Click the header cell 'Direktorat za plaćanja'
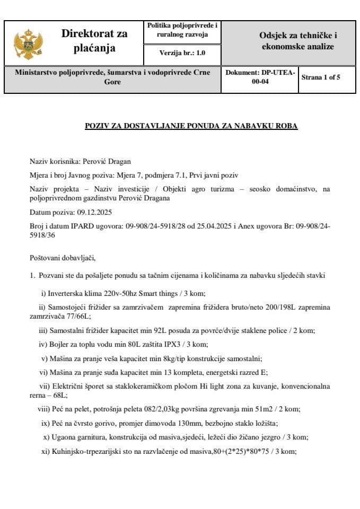tap(94, 41)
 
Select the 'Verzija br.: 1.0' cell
tap(182, 53)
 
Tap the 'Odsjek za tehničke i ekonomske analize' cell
tap(298, 41)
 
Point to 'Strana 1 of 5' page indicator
tap(321, 77)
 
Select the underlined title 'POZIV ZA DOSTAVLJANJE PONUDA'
tap(191, 126)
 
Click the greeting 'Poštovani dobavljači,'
tap(63, 258)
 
